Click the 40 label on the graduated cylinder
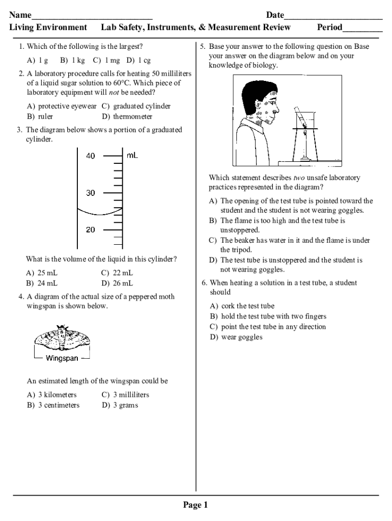(90, 156)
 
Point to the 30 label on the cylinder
(90, 193)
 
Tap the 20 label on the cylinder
(90, 230)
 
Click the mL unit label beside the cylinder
(132, 156)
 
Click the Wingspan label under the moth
(62, 358)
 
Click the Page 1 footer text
(195, 505)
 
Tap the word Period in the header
(329, 27)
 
